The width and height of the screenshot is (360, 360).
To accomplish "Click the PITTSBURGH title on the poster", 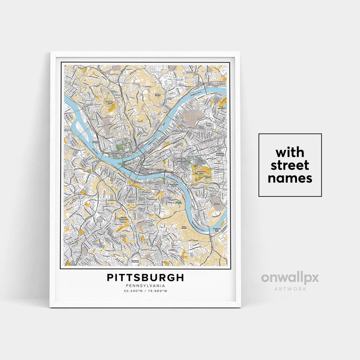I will [146, 277].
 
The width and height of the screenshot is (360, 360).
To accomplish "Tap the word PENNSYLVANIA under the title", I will [146, 286].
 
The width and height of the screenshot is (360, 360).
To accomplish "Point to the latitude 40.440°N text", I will [132, 291].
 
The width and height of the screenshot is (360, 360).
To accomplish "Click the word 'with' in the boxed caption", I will [290, 151].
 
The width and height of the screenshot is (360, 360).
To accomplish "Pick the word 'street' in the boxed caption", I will [290, 165].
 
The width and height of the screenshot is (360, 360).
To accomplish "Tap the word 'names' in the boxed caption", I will [290, 178].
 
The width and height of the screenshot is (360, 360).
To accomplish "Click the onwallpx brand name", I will [290, 277].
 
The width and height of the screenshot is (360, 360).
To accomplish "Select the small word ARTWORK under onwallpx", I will [290, 288].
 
